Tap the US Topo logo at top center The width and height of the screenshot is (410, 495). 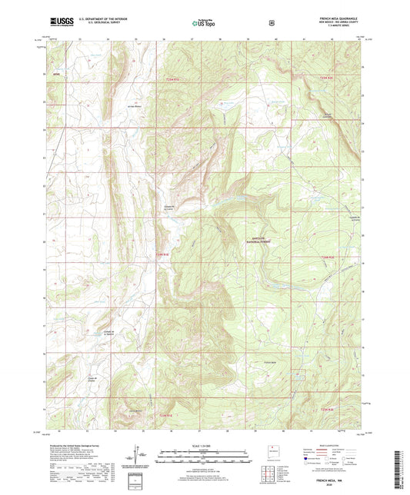(204, 24)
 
